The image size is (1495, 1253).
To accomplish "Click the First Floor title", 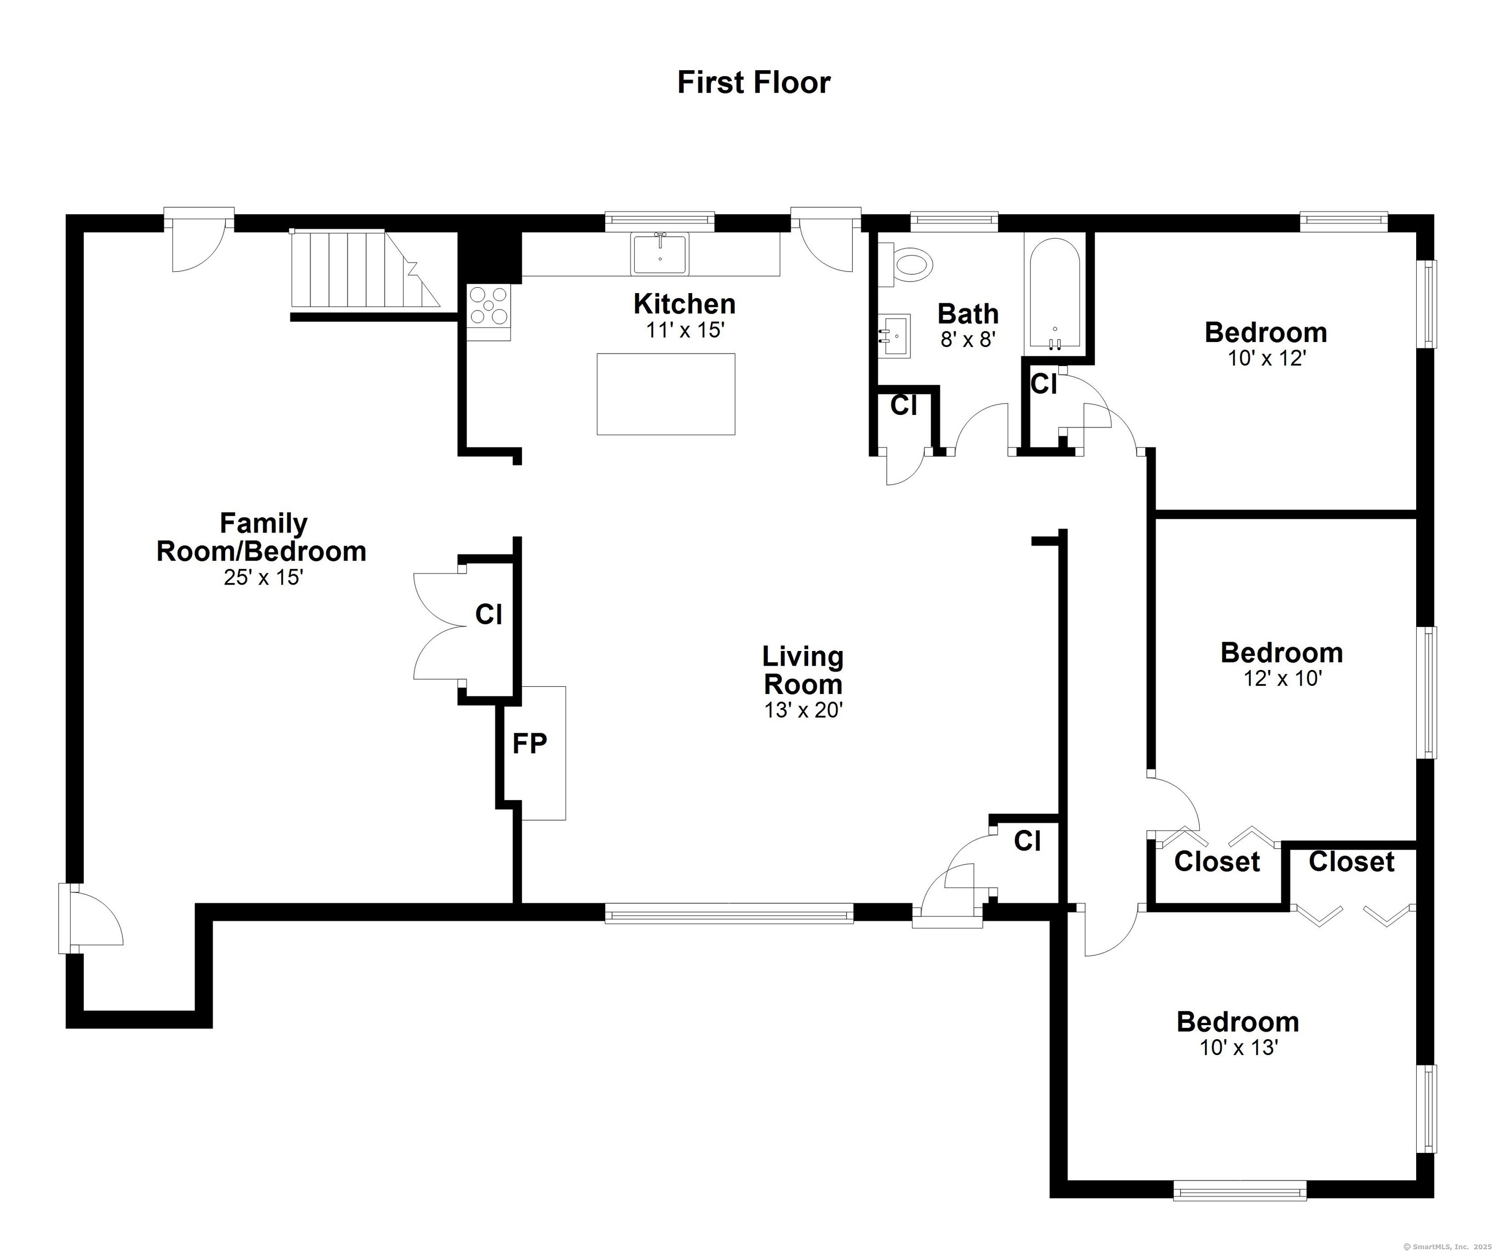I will pos(753,82).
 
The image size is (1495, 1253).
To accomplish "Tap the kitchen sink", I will pos(660,253).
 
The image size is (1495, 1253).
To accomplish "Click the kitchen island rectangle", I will pos(666,394).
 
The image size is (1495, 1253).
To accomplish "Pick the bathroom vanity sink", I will pos(894,336).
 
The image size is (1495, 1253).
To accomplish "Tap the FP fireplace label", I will pos(530,744).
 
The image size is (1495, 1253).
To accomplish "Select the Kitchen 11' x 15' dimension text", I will pos(684,330).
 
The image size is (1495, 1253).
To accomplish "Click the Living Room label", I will pos(803,670).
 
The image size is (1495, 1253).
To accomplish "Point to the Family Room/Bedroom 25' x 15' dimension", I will pos(263,578).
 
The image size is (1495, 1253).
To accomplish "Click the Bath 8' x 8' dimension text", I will pos(967,339).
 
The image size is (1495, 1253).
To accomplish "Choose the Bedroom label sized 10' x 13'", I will pos(1238,1022).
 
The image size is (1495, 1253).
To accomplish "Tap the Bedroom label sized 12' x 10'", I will pos(1281,653).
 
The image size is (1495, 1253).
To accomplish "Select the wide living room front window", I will pos(728,914).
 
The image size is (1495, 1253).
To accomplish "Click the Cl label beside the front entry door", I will pos(1027,841).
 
